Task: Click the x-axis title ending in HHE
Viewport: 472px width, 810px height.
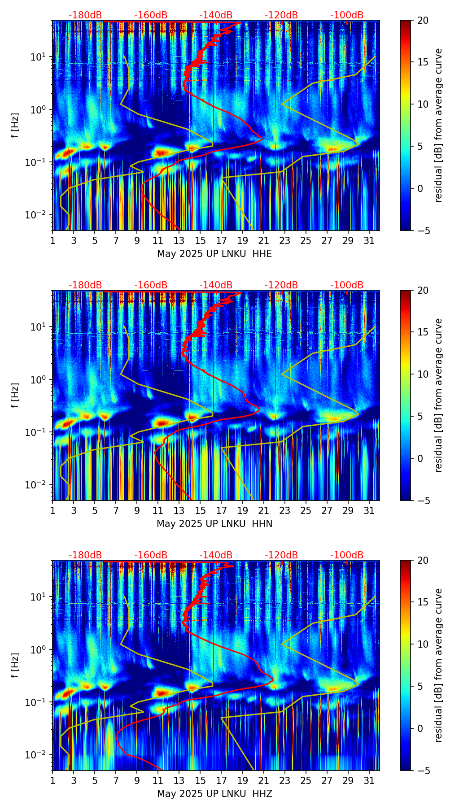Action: [x=214, y=254]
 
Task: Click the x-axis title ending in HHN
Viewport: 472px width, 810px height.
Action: [x=214, y=524]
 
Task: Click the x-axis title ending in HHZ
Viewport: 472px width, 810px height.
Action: [x=214, y=794]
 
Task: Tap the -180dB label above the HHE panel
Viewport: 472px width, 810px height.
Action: [x=85, y=15]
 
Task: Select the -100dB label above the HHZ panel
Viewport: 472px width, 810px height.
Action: [x=347, y=555]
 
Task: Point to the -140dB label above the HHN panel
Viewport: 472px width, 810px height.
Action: [x=216, y=285]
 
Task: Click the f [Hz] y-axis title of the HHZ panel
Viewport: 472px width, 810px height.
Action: [x=16, y=666]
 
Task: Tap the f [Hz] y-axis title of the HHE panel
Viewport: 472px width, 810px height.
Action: [x=16, y=126]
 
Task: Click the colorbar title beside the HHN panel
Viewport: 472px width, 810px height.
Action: [x=438, y=395]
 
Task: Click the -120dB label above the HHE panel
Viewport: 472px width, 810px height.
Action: [x=281, y=15]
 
